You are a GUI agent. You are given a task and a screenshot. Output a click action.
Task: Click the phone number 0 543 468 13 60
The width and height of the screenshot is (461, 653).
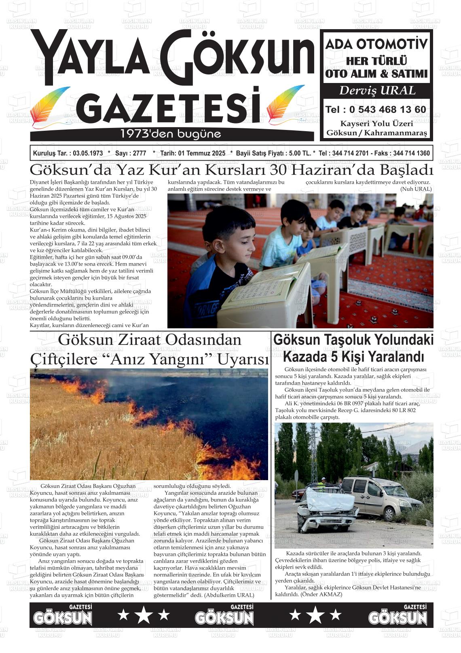pyautogui.click(x=387, y=110)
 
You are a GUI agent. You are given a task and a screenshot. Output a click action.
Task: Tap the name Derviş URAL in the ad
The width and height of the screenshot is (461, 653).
pyautogui.click(x=377, y=91)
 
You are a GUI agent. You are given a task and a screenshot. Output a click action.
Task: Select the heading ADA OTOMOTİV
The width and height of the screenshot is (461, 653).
pyautogui.click(x=376, y=44)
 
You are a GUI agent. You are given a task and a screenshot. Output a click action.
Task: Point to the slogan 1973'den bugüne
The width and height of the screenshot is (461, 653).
pyautogui.click(x=171, y=134)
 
